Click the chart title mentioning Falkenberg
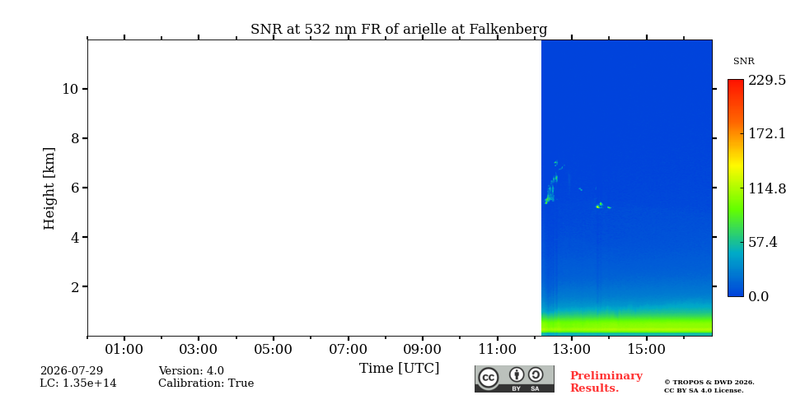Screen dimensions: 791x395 tap(399, 30)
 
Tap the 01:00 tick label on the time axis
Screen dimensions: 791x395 tap(124, 349)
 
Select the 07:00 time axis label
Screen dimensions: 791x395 tap(348, 349)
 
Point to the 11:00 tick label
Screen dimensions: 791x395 tap(498, 349)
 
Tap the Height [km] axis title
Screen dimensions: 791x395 tap(49, 188)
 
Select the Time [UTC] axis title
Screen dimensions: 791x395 tap(399, 369)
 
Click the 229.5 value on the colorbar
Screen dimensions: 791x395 tap(767, 80)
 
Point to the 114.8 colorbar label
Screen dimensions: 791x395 tap(767, 188)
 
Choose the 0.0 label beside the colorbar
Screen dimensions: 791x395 tap(758, 296)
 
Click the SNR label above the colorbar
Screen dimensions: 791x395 tap(743, 62)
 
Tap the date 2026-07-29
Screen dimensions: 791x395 tap(72, 371)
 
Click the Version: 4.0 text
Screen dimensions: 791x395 tap(191, 371)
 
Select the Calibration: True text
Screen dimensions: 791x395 tap(206, 383)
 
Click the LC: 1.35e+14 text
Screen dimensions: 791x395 tap(78, 383)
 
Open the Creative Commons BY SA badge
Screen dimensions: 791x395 tap(514, 379)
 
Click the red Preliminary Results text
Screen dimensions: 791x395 tap(606, 382)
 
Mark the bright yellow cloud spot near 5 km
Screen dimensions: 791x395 tap(600, 205)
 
